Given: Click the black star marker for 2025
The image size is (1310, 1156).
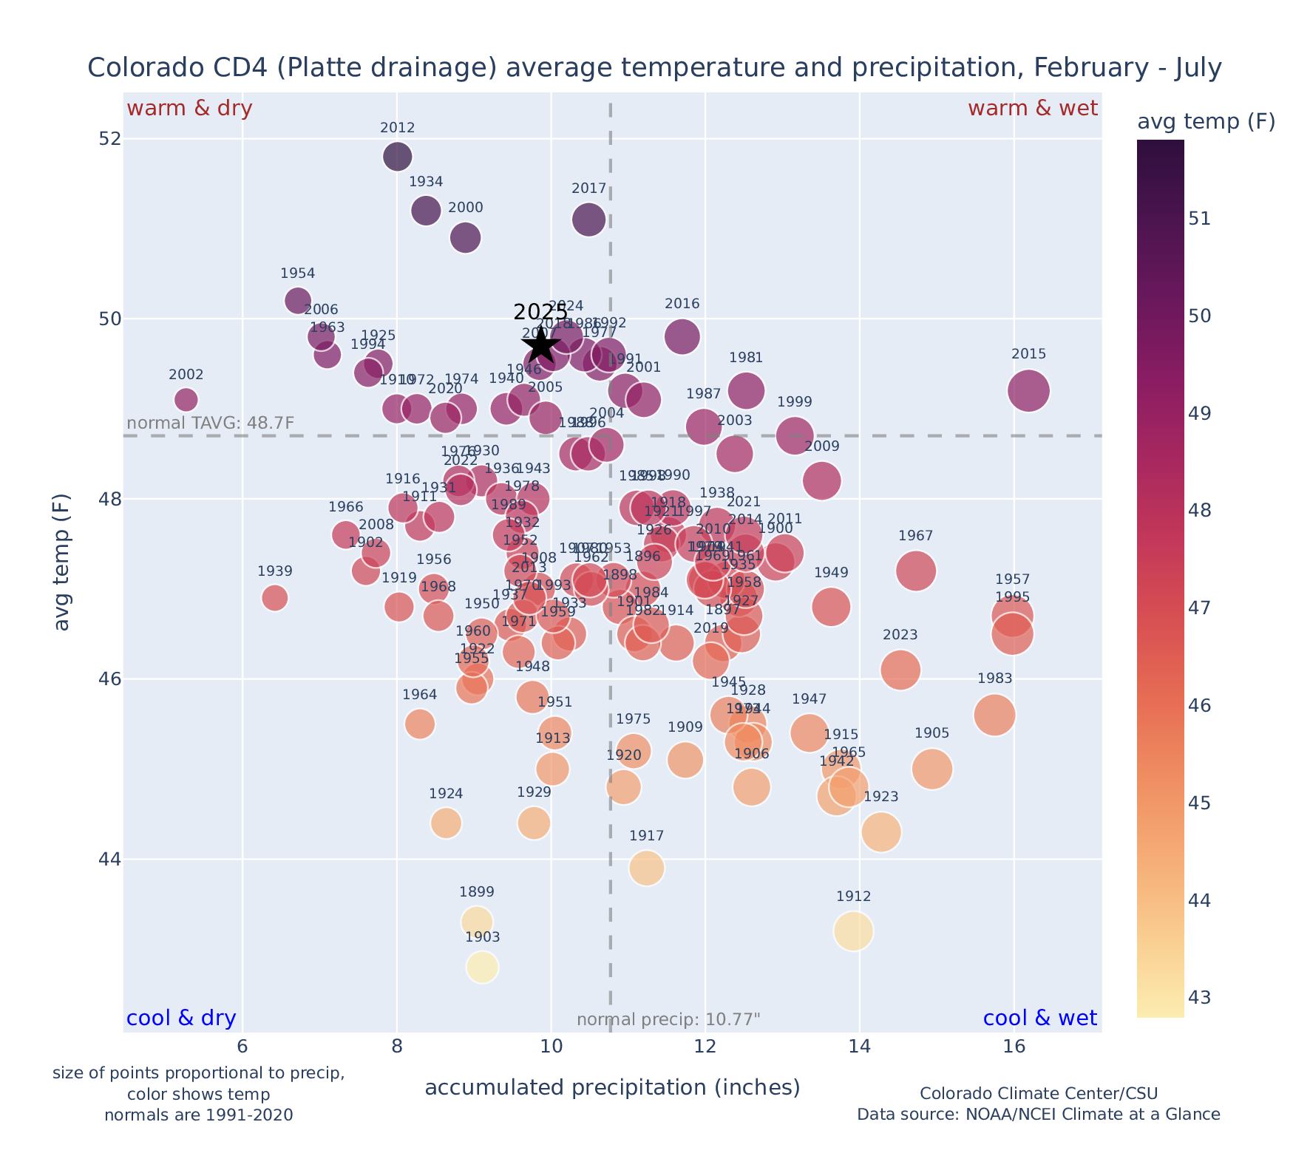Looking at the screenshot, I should click(x=540, y=345).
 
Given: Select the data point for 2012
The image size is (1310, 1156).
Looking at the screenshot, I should click(x=398, y=157).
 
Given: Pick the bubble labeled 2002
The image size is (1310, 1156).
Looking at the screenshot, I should click(x=186, y=399).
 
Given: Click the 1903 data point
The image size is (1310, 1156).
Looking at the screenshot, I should click(x=482, y=967).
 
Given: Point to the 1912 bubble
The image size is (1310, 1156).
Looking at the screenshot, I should click(x=853, y=931).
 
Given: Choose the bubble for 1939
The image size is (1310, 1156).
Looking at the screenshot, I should click(x=275, y=597).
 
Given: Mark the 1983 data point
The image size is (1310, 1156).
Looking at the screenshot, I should click(x=994, y=715).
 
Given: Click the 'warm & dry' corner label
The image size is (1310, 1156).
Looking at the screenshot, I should click(x=189, y=109).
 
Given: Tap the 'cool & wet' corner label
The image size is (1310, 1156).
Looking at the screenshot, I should click(x=1039, y=1019).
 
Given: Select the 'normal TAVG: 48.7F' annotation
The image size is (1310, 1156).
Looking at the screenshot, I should click(x=211, y=424).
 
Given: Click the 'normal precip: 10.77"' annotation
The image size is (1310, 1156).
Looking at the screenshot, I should click(x=668, y=1020).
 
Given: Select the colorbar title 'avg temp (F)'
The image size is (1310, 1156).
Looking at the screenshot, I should click(x=1206, y=122).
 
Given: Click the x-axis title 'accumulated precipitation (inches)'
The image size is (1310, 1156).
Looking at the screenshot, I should click(x=612, y=1087).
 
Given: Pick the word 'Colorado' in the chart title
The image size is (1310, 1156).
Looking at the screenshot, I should click(x=136, y=68).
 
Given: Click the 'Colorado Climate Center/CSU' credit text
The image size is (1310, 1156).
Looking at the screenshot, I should click(x=1038, y=1094).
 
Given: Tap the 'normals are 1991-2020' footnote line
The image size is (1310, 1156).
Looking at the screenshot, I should click(x=198, y=1115).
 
